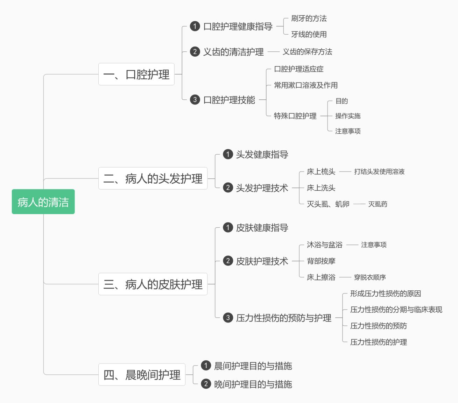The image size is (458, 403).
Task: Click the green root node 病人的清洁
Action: click(43, 202)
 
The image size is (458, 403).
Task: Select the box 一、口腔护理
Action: click(136, 74)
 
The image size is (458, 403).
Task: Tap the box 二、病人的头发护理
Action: click(153, 178)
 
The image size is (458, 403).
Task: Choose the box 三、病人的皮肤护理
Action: click(153, 284)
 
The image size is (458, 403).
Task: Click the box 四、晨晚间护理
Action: click(142, 375)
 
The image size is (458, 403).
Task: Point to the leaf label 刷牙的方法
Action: click(309, 18)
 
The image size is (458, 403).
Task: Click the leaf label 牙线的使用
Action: click(309, 34)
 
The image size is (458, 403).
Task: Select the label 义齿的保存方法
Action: click(307, 52)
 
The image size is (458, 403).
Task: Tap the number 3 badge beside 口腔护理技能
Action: click(195, 100)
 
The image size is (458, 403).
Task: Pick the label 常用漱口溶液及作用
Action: click(305, 85)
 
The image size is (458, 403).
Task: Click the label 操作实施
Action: click(347, 116)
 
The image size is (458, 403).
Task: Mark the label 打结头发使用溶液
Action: click(379, 171)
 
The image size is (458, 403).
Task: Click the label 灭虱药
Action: click(378, 204)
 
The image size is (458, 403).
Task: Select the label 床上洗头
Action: click(321, 188)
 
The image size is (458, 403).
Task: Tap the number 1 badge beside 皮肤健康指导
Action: click(228, 228)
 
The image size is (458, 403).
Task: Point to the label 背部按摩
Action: click(321, 261)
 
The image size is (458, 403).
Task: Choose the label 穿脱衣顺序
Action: click(370, 277)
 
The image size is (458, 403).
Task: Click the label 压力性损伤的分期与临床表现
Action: click(396, 310)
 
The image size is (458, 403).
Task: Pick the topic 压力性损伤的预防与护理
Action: click(283, 318)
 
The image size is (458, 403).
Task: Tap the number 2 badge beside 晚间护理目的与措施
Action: click(206, 384)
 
